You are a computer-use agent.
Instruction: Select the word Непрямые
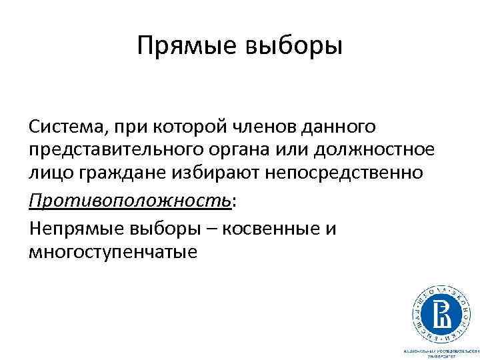(x=73, y=229)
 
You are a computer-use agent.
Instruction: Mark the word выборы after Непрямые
(x=157, y=229)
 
